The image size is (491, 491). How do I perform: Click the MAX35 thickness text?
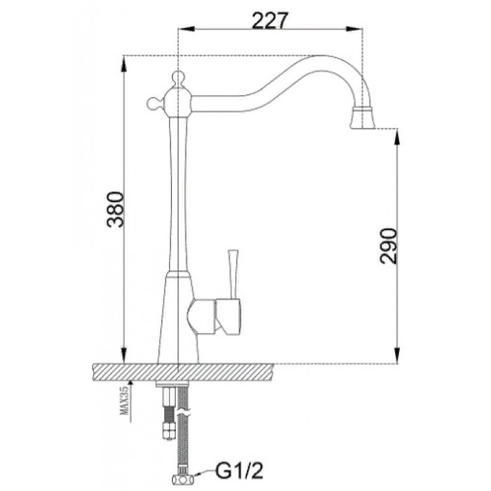click(124, 402)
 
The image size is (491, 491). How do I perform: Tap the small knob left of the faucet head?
click(152, 103)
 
